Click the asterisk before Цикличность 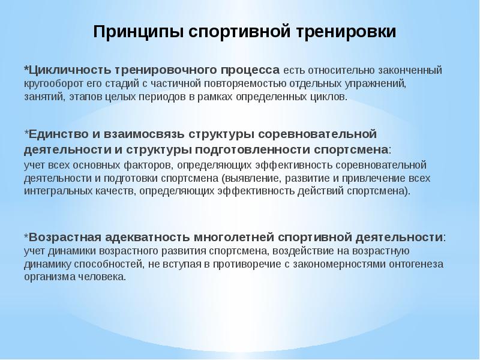click(x=26, y=70)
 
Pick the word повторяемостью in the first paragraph click(x=235, y=83)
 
